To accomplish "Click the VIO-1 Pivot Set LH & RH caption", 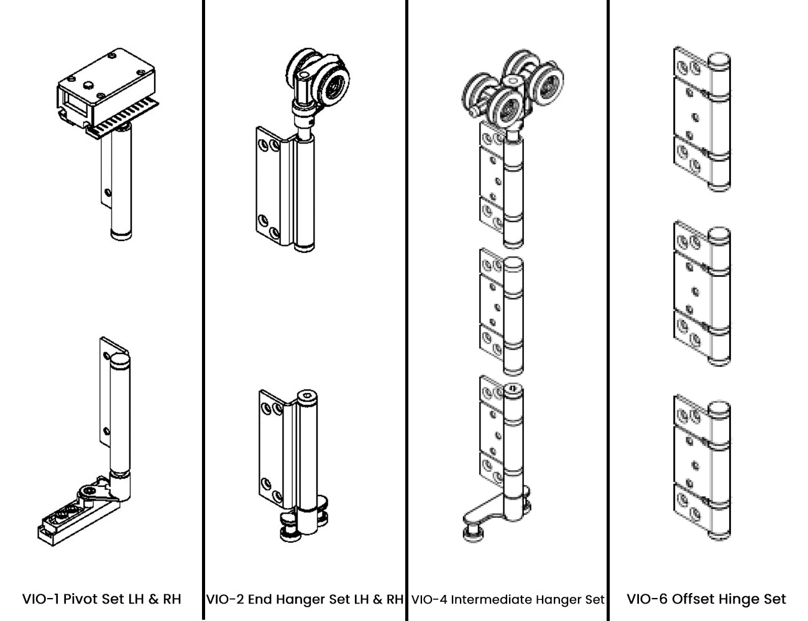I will pyautogui.click(x=101, y=599).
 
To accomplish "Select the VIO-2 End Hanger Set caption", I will pyautogui.click(x=305, y=599).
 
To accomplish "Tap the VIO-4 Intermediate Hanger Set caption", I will pyautogui.click(x=507, y=600).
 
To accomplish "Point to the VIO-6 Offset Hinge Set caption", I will pyautogui.click(x=706, y=599).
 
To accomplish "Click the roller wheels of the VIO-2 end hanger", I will pyautogui.click(x=318, y=78).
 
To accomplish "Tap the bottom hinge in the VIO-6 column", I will pyautogui.click(x=702, y=467).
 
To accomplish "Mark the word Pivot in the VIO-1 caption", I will pyautogui.click(x=80, y=599).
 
